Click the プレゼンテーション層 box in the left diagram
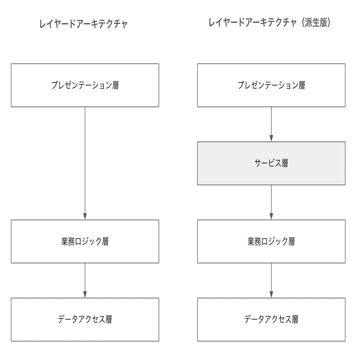(x=85, y=85)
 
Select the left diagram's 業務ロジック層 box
(x=85, y=242)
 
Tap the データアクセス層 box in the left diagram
(x=85, y=319)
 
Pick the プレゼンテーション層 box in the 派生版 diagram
(x=271, y=85)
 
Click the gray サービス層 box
(x=271, y=163)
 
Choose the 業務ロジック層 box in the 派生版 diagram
(x=271, y=242)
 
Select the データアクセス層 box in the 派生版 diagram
(x=271, y=319)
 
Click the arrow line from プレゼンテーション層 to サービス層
(x=271, y=121)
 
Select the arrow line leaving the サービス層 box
(x=271, y=200)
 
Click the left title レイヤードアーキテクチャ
(x=83, y=24)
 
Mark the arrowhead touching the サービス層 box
(x=271, y=139)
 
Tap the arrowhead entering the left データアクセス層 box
(x=85, y=295)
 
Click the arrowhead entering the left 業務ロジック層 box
(x=85, y=217)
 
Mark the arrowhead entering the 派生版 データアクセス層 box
(x=271, y=295)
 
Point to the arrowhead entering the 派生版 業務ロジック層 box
(x=271, y=217)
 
